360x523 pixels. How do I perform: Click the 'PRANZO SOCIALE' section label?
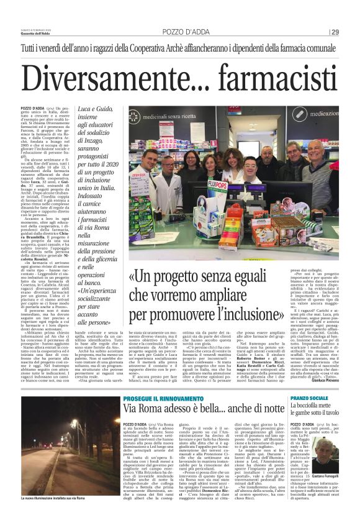(x=307, y=380)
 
